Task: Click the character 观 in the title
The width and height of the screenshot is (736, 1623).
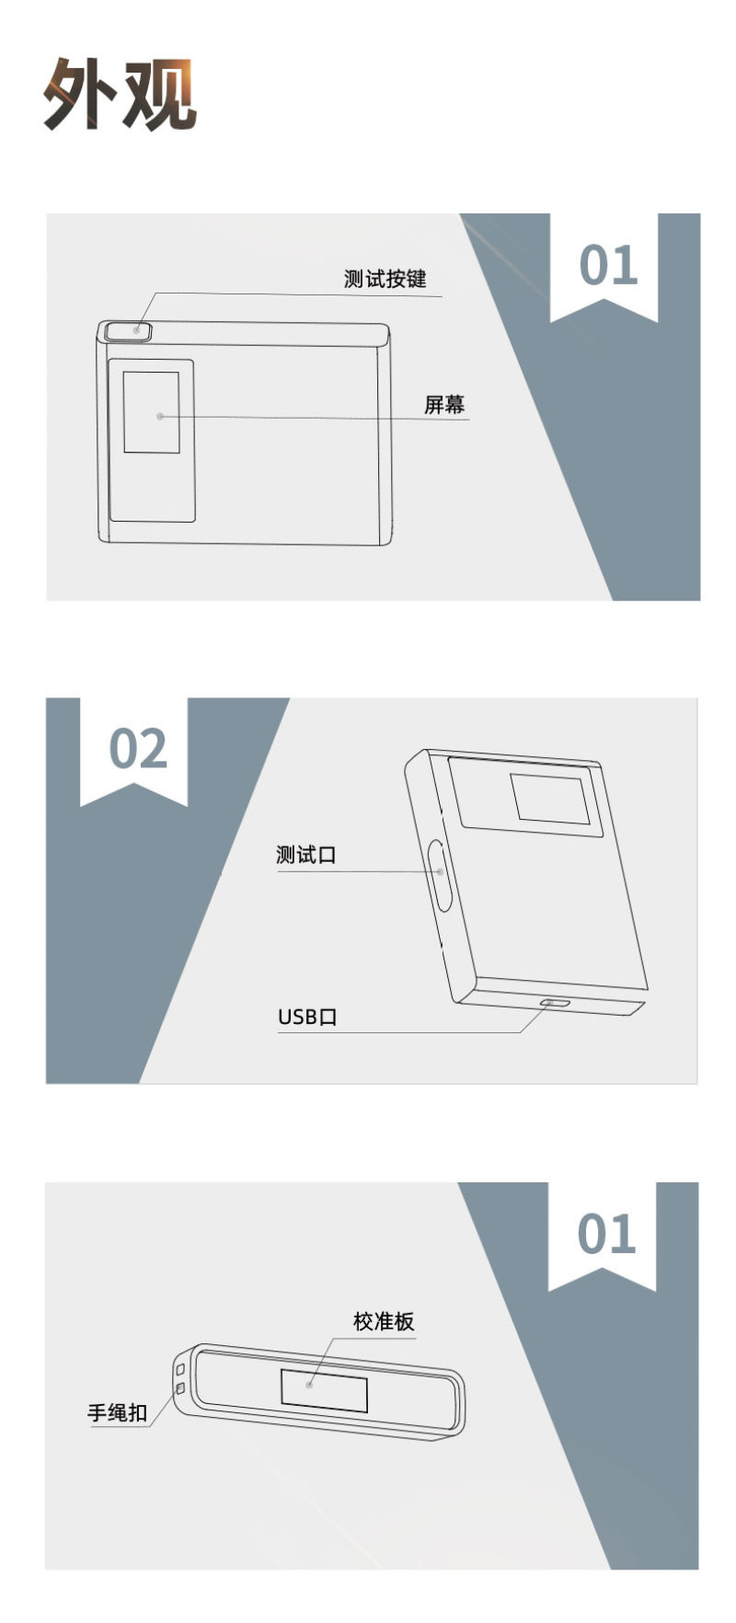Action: pos(159,94)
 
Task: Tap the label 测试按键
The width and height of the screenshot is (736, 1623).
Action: pos(385,279)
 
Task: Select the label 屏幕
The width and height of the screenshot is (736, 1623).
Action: pos(444,405)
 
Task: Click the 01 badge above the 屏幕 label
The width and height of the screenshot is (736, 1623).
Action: pos(608,266)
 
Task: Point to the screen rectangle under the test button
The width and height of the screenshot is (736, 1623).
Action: pos(152,412)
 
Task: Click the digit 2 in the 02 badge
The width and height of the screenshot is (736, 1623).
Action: pos(154,749)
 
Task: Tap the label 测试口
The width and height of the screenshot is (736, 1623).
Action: pos(306,855)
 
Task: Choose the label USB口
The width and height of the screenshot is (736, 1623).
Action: pos(307,1017)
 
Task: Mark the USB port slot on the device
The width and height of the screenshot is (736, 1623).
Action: pos(555,1003)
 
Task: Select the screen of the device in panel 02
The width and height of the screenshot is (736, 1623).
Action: pos(550,798)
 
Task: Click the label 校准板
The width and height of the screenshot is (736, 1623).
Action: pos(384,1322)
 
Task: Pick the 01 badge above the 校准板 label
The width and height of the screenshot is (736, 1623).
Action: pos(606,1235)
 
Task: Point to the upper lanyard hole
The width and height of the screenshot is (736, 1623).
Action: pos(180,1371)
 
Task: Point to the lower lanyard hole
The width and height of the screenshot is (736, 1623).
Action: pos(180,1387)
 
